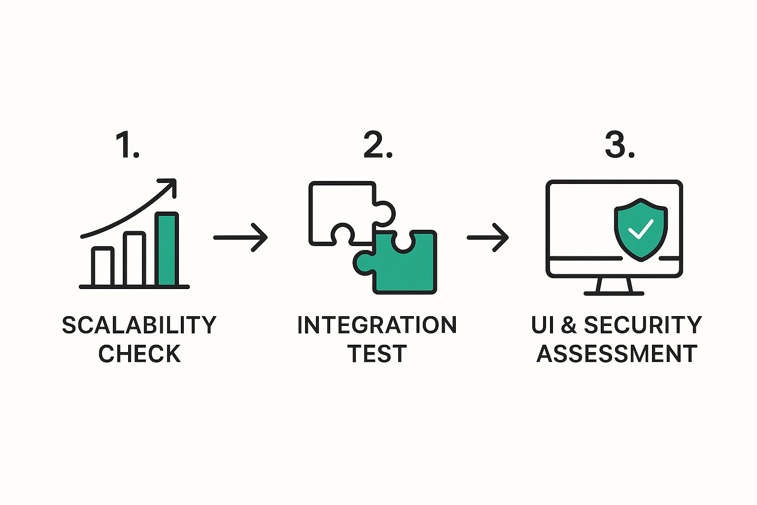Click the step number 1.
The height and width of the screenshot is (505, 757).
pyautogui.click(x=127, y=145)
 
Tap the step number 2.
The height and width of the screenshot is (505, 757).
pyautogui.click(x=377, y=145)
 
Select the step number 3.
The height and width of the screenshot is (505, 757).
pyautogui.click(x=619, y=145)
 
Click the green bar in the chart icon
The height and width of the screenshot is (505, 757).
pyautogui.click(x=167, y=249)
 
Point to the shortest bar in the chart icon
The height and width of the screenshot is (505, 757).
pyautogui.click(x=103, y=266)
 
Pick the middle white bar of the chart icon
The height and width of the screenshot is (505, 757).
pyautogui.click(x=135, y=259)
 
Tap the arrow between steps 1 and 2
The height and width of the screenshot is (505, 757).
pyautogui.click(x=241, y=237)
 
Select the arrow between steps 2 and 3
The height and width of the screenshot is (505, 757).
pyautogui.click(x=488, y=237)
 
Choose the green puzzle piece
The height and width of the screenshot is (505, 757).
pyautogui.click(x=404, y=266)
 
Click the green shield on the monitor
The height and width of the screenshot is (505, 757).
pyautogui.click(x=640, y=229)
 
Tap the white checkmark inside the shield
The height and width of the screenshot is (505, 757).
pyautogui.click(x=640, y=229)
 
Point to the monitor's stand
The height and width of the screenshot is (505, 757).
pyautogui.click(x=614, y=286)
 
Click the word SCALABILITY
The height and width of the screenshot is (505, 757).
pyautogui.click(x=139, y=325)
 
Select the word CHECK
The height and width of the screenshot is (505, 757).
pyautogui.click(x=139, y=354)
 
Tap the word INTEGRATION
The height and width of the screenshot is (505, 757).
pyautogui.click(x=377, y=325)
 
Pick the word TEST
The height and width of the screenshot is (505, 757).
pyautogui.click(x=377, y=354)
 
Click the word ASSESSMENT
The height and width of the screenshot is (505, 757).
pyautogui.click(x=617, y=354)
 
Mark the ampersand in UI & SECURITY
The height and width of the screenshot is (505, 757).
pyautogui.click(x=568, y=325)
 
